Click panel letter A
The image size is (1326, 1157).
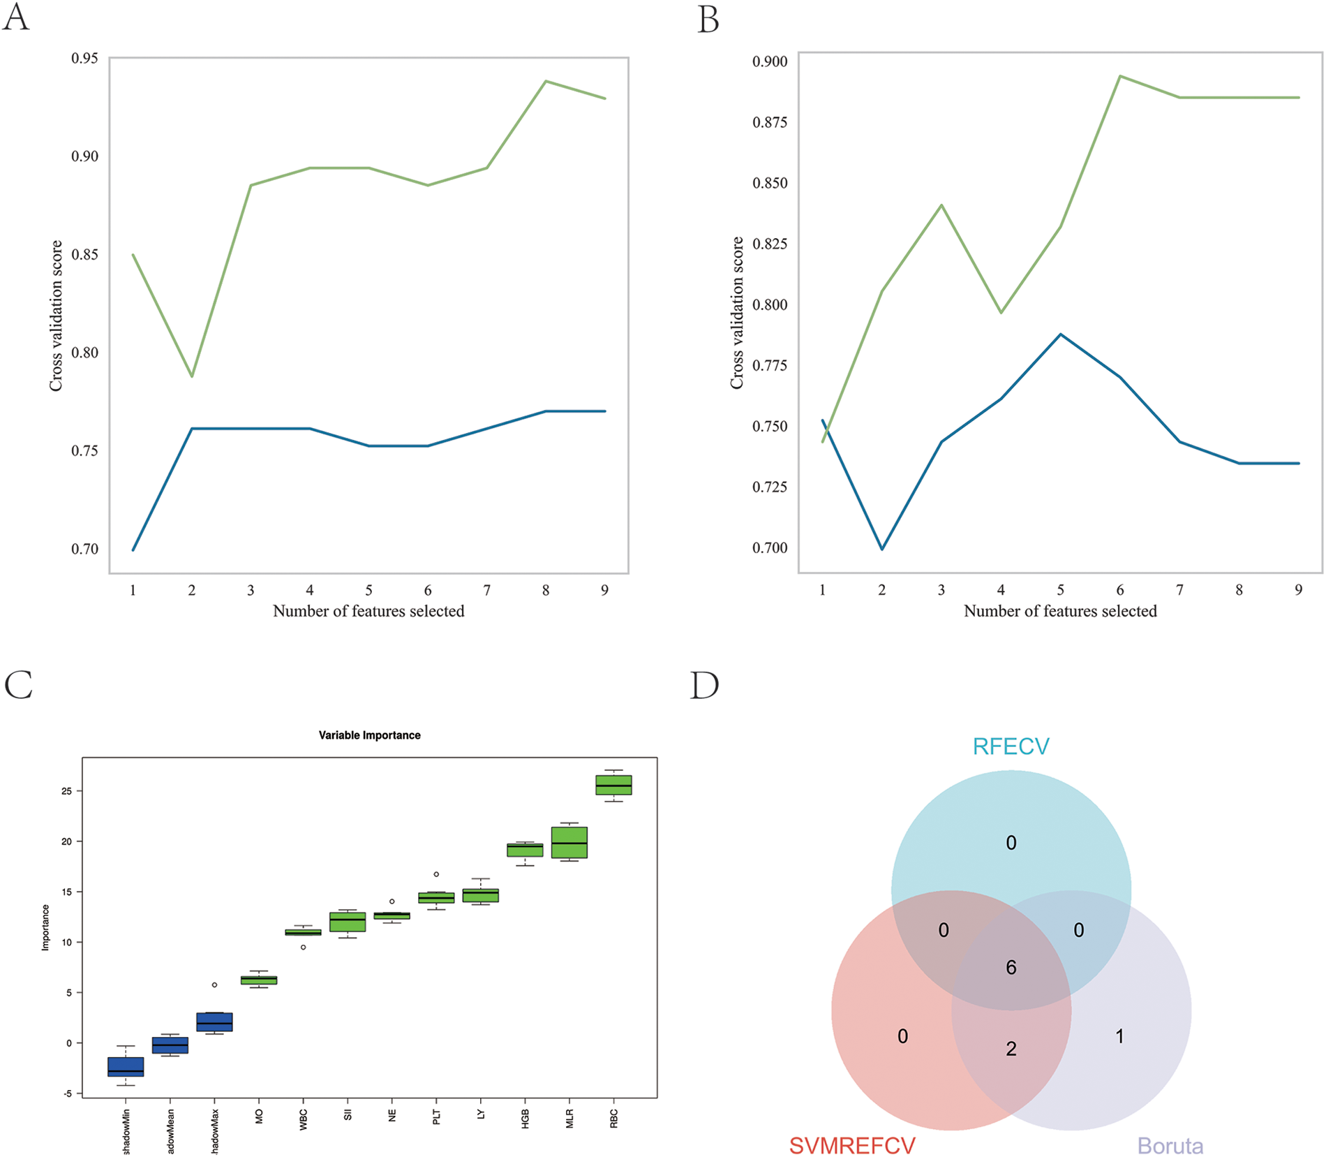[x=16, y=17]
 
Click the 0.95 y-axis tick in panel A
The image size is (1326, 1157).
[x=84, y=58]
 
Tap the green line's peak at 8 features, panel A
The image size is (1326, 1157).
[x=546, y=82]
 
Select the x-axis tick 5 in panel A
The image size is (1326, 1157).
[x=368, y=591]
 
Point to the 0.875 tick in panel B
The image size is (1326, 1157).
[x=770, y=122]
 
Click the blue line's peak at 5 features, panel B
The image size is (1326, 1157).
[x=1060, y=334]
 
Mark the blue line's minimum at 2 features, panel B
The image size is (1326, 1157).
[x=882, y=549]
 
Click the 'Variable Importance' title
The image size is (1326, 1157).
[x=369, y=735]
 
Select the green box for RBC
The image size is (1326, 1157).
[x=613, y=785]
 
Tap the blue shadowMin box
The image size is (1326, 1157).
[x=126, y=1066]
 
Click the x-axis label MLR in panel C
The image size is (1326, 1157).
[x=569, y=1119]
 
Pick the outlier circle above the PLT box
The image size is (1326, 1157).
[x=436, y=874]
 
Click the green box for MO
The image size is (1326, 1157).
[x=259, y=980]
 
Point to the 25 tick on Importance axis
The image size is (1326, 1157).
[x=67, y=791]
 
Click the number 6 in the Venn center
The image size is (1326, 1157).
[x=1011, y=967]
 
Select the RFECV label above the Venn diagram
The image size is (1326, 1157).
[x=1011, y=746]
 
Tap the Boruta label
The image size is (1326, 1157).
[x=1170, y=1146]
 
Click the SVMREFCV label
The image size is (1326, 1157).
[x=851, y=1146]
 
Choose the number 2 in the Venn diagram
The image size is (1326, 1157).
[x=1011, y=1048]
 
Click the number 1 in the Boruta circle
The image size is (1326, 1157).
[x=1119, y=1036]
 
